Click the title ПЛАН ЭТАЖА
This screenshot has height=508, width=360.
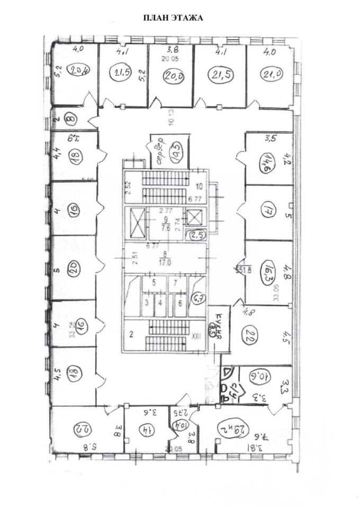[x=173, y=17]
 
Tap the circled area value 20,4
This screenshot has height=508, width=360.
[x=78, y=71]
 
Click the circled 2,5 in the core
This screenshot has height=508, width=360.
[x=197, y=234]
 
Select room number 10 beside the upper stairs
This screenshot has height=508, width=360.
[x=199, y=186]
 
